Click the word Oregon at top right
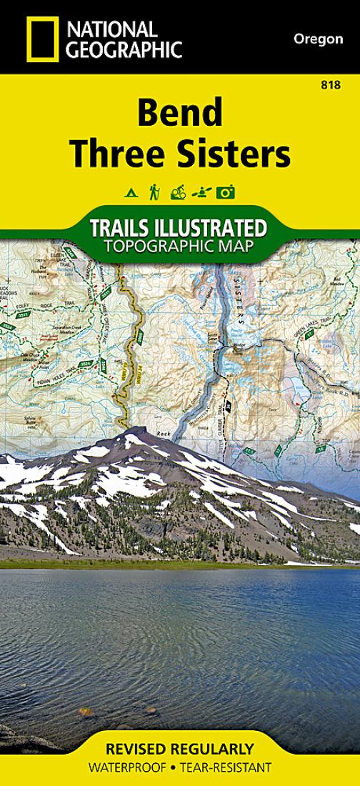pyautogui.click(x=318, y=39)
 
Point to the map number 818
pyautogui.click(x=330, y=85)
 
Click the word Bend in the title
pyautogui.click(x=180, y=112)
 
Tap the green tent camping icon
pyautogui.click(x=131, y=192)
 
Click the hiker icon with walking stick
pyautogui.click(x=154, y=191)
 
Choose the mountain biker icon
pyautogui.click(x=178, y=192)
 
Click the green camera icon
pyautogui.click(x=226, y=192)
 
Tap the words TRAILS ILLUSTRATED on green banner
pyautogui.click(x=179, y=229)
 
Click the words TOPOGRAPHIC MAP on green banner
pyautogui.click(x=179, y=247)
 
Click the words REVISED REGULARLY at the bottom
pyautogui.click(x=179, y=750)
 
